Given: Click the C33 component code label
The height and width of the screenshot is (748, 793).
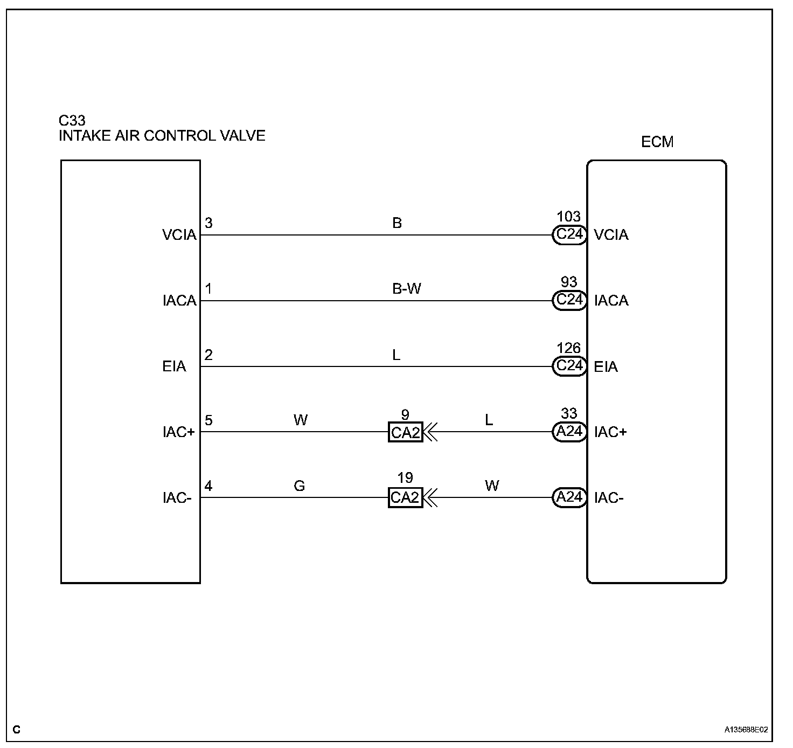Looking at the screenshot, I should [72, 120].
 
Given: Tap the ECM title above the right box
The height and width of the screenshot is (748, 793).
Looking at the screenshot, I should [657, 142].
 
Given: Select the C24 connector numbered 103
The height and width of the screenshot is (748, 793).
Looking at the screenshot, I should [569, 235].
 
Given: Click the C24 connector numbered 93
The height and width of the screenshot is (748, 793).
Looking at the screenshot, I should [569, 301].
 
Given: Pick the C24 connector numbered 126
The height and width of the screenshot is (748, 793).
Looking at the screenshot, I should [569, 366].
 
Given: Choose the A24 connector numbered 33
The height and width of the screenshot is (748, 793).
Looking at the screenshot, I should [569, 432].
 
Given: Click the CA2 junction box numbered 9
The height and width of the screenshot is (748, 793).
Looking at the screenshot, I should [405, 432].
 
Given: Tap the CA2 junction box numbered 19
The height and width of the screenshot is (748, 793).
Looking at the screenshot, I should [405, 497].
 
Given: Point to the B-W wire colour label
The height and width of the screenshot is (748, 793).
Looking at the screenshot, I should [406, 289].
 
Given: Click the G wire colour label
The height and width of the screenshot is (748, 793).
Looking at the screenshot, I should [300, 486].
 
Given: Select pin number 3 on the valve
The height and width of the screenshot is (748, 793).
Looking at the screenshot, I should [208, 223].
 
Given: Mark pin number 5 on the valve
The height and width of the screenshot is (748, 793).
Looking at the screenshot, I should [208, 420].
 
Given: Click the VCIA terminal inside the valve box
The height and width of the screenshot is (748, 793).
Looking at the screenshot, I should [179, 235].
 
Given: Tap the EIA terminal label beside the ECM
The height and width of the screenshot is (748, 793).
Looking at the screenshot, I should [606, 367].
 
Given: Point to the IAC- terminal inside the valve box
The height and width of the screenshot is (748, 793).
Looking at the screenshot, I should [177, 498].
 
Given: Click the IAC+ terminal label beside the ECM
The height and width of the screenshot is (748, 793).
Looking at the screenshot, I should [610, 432].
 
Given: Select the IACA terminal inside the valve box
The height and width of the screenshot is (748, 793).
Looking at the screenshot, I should [179, 301].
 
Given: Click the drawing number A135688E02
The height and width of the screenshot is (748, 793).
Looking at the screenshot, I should [746, 730].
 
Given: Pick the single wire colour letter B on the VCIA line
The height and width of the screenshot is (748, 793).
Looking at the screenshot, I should [397, 223].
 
